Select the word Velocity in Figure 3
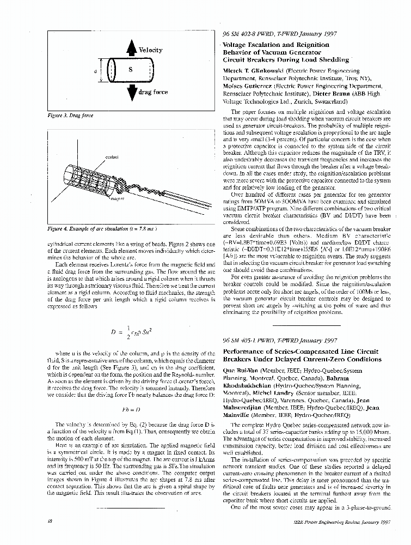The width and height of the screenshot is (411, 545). click(150, 50)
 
